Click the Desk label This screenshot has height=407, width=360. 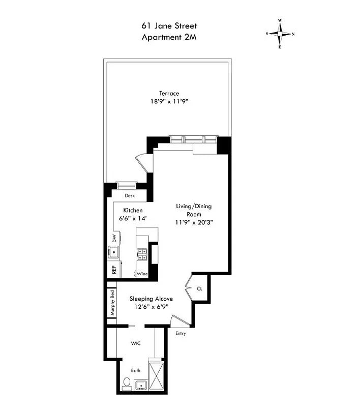coord(131,195)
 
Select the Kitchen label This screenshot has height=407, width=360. coord(132,210)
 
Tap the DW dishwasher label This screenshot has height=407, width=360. coord(114,238)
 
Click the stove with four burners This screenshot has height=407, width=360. coord(141,254)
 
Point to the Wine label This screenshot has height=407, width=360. coord(142,274)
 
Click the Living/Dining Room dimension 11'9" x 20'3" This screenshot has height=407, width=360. coord(194,222)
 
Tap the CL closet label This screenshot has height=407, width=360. coord(199,288)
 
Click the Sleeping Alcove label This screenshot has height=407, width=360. coord(152,299)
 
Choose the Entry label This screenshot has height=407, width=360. coord(180,334)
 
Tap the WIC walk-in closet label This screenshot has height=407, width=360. coord(135,343)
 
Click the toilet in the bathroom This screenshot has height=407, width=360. coord(127,383)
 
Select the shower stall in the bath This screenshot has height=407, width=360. coord(157,375)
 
